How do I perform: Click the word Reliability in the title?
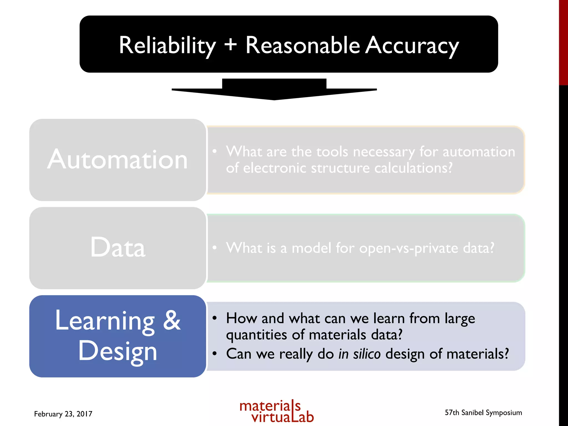(167, 46)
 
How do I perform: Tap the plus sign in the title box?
(231, 44)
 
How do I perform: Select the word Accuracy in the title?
(412, 46)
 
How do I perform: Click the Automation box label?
(118, 159)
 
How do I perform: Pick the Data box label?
(118, 247)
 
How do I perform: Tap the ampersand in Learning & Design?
(172, 320)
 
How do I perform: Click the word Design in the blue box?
(118, 351)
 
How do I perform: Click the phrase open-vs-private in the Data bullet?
(409, 248)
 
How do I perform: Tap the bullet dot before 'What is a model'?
(214, 247)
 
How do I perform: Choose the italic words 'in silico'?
(359, 354)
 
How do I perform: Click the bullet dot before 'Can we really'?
(214, 354)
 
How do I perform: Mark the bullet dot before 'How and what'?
(214, 318)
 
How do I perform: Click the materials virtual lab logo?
(277, 411)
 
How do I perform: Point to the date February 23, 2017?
(63, 414)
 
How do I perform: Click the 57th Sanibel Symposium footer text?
(483, 413)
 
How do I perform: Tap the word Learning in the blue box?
(105, 321)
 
